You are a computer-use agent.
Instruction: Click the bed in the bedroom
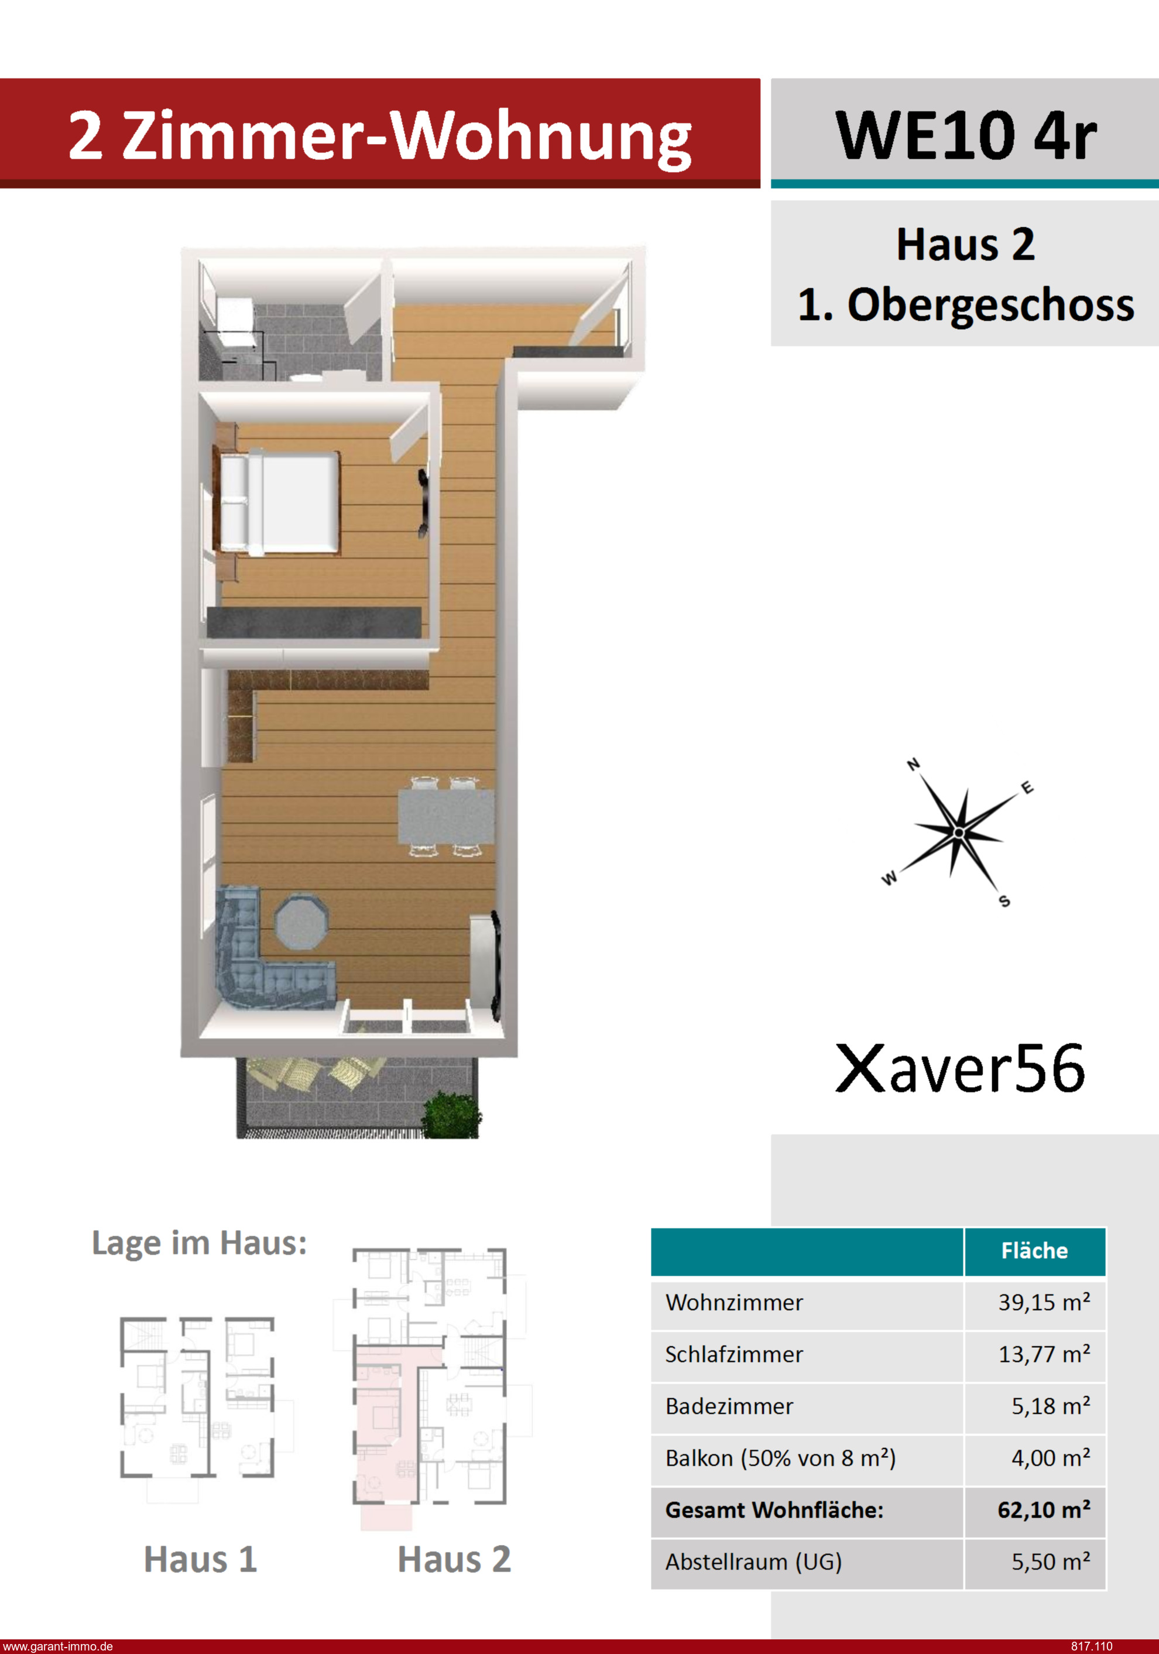point(279,502)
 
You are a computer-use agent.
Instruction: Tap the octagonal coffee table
point(302,922)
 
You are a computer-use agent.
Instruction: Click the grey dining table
point(446,816)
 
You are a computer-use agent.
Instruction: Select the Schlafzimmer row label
point(733,1354)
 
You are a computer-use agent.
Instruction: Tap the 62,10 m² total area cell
point(1044,1509)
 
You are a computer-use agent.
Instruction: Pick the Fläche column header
point(1034,1250)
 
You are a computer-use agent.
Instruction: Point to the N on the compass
point(913,764)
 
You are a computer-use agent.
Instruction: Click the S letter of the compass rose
point(1004,900)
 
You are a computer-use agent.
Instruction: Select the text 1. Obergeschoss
point(965,304)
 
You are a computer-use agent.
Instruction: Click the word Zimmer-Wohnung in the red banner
point(406,137)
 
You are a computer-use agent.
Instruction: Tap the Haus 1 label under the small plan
point(200,1559)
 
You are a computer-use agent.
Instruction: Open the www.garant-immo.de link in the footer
point(57,1646)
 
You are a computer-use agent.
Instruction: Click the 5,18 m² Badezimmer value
point(1050,1406)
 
